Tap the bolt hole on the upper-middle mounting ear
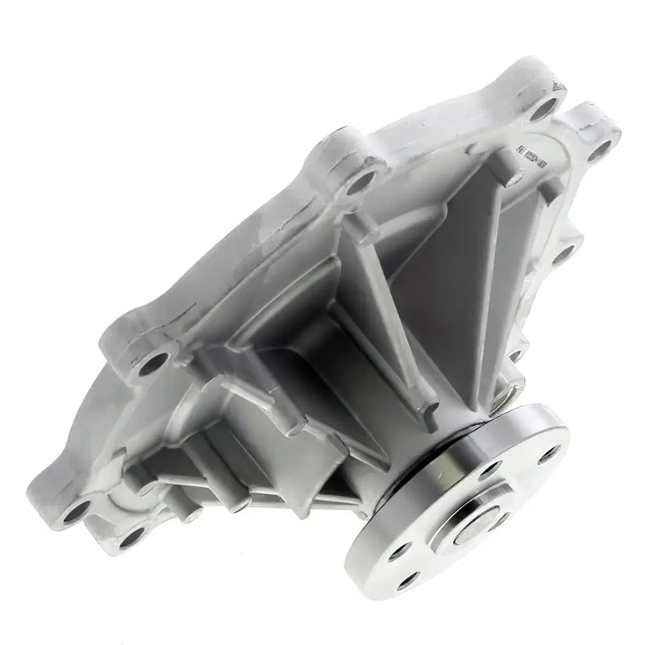(361, 181)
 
